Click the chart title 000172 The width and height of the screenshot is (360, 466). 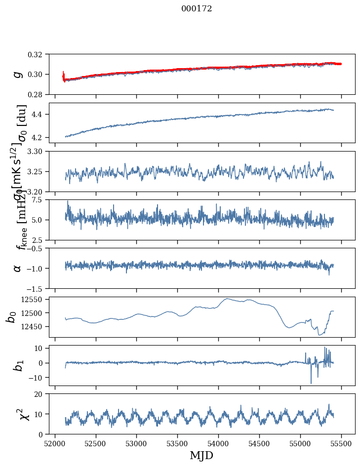(197, 8)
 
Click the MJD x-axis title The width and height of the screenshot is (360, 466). (201, 455)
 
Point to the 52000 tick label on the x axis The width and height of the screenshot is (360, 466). (55, 443)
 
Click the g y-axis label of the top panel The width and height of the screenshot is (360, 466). (17, 74)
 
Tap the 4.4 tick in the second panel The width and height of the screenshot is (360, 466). (40, 115)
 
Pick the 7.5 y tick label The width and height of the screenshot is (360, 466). (40, 200)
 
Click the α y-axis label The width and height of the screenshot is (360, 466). (17, 268)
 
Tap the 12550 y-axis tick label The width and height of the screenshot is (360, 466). (36, 300)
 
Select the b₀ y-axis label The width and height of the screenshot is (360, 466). (11, 317)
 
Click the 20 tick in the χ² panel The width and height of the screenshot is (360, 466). (41, 394)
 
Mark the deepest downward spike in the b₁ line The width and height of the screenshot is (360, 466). (311, 383)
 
